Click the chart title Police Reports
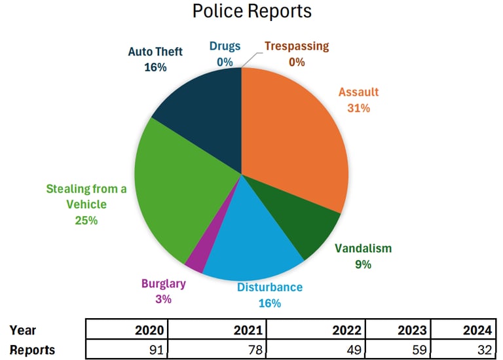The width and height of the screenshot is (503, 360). pyautogui.click(x=251, y=11)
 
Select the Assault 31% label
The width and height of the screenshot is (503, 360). pyautogui.click(x=358, y=99)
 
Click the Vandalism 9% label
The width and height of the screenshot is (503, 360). pyautogui.click(x=363, y=257)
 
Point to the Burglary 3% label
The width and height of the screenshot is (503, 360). pyautogui.click(x=164, y=291)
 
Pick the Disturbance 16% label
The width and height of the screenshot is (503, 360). pyautogui.click(x=269, y=295)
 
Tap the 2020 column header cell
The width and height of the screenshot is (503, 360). pyautogui.click(x=127, y=330)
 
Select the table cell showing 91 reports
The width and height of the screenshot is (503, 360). pyautogui.click(x=127, y=349)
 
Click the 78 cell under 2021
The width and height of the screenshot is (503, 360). pyautogui.click(x=217, y=349)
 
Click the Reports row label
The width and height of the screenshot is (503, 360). pyautogui.click(x=33, y=349)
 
